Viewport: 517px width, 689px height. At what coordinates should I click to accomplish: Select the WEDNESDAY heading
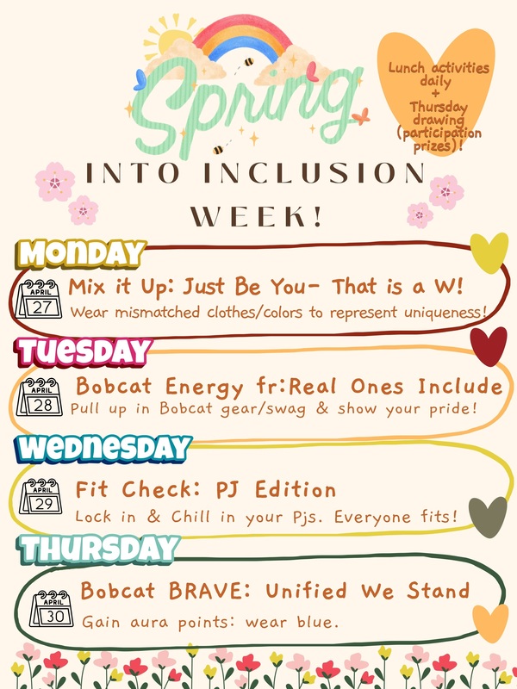click(x=102, y=449)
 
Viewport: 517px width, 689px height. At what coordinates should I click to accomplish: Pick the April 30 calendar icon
click(x=53, y=607)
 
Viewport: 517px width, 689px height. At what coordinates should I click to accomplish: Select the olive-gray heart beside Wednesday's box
click(x=488, y=517)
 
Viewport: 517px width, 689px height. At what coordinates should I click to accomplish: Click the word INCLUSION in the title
click(x=327, y=172)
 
